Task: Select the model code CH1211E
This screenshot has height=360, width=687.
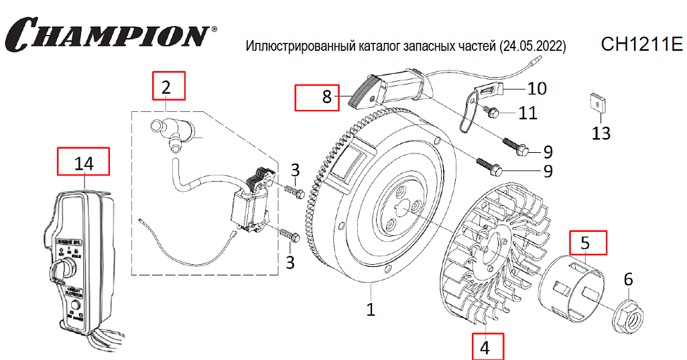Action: (x=641, y=45)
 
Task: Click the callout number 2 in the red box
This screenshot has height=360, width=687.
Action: (x=166, y=86)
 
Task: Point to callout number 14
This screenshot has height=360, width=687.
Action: (x=84, y=163)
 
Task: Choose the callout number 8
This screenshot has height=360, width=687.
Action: (x=326, y=97)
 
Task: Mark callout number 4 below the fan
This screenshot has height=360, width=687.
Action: (x=485, y=347)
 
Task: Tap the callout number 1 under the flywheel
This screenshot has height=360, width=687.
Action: (x=371, y=309)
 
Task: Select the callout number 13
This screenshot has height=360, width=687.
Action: (x=601, y=132)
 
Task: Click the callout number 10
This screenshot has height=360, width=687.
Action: (x=537, y=88)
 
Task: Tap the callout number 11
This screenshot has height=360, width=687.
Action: (x=528, y=112)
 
